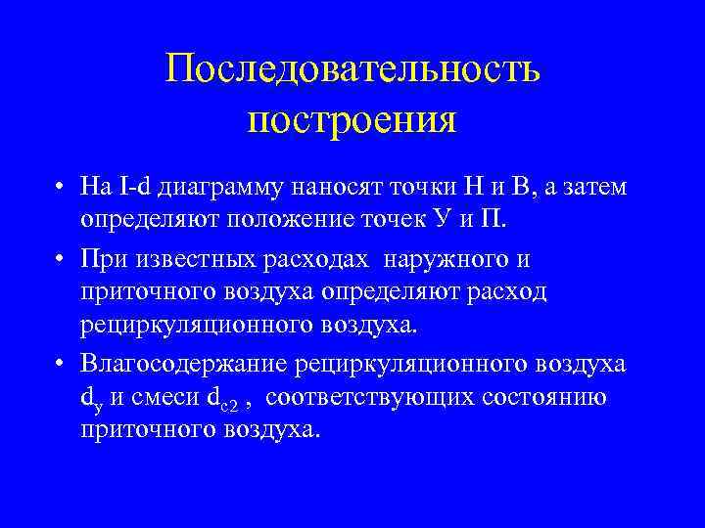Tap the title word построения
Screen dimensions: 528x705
click(352, 121)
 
